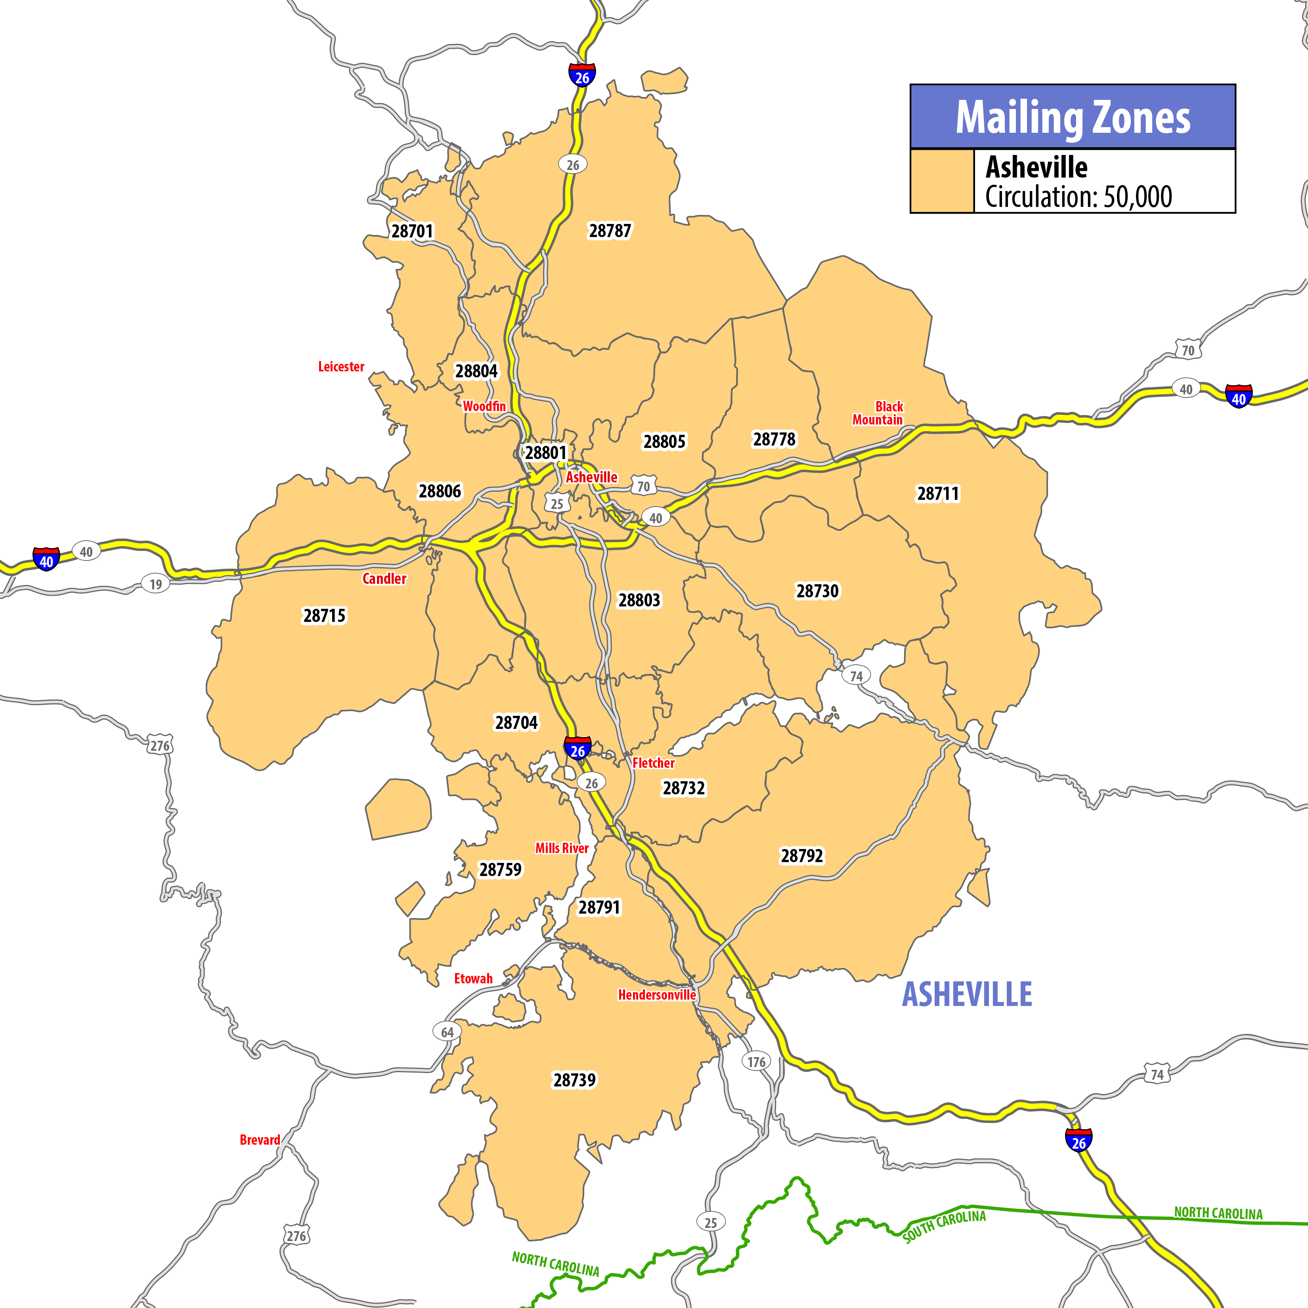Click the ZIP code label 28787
click(609, 231)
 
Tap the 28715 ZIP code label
click(324, 616)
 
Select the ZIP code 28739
click(574, 1080)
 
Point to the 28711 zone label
click(938, 493)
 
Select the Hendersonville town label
click(657, 994)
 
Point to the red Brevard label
click(260, 1140)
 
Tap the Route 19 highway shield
click(156, 583)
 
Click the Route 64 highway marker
click(447, 1033)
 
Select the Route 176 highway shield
click(756, 1061)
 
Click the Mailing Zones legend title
click(1073, 117)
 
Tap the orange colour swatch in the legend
click(942, 181)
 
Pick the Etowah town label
click(473, 978)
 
